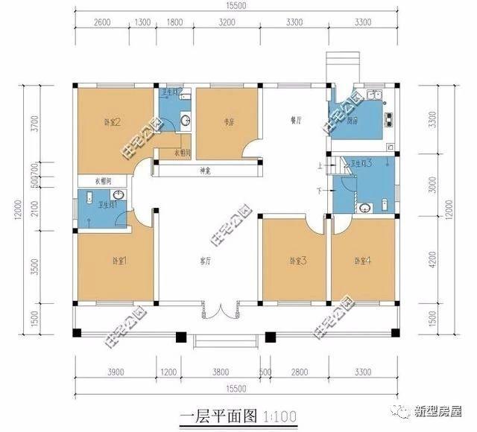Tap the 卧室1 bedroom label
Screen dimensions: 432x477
120,261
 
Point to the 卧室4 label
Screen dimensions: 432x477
361,261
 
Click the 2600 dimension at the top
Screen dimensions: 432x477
103,22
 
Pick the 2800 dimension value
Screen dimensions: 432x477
299,370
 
